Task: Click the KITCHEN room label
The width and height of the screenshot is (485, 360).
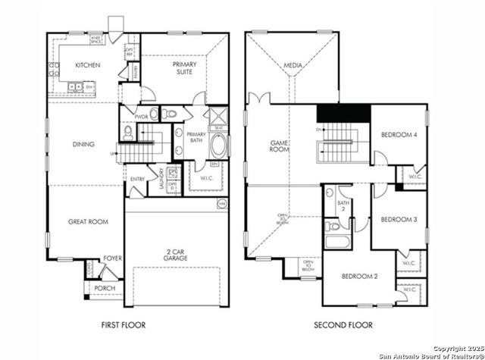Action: (x=87, y=65)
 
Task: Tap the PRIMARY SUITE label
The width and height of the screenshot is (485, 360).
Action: (x=184, y=69)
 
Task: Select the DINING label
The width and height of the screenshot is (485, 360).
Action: (x=83, y=143)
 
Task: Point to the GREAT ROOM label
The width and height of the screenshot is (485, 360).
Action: (x=88, y=221)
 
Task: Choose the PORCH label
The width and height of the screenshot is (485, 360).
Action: (x=105, y=289)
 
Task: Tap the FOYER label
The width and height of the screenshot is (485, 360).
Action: (x=112, y=258)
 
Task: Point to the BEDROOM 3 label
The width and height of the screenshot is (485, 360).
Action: (x=398, y=219)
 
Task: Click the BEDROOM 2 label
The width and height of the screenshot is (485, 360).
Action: (x=358, y=276)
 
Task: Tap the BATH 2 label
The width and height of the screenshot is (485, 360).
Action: (x=343, y=206)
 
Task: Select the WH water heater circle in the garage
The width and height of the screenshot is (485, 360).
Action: (x=222, y=203)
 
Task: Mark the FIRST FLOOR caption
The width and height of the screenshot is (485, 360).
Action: (x=124, y=325)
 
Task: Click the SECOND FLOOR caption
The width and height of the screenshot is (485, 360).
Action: (x=345, y=325)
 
